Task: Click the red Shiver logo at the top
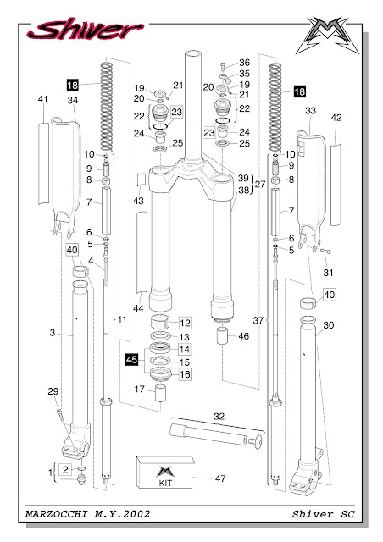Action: [80, 30]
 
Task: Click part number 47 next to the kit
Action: [220, 478]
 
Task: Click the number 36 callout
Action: [244, 63]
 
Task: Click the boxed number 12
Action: [185, 323]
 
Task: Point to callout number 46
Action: [244, 337]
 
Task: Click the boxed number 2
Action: [65, 468]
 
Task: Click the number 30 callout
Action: [330, 326]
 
